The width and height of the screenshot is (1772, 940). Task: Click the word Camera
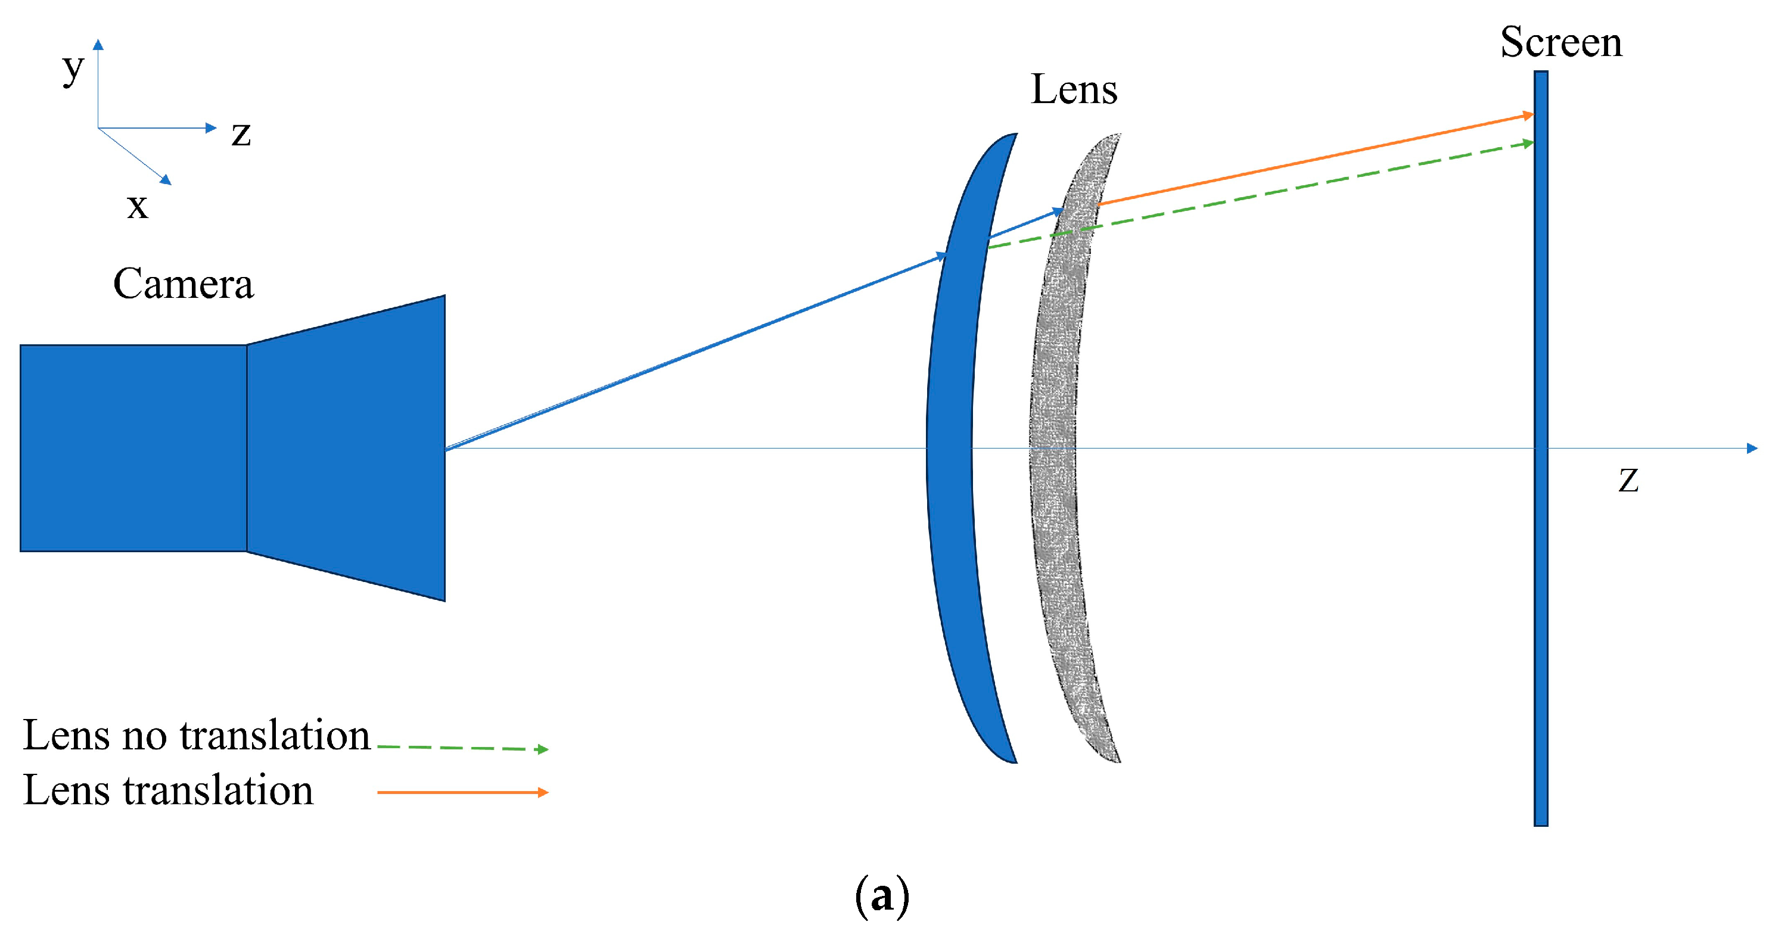click(x=183, y=284)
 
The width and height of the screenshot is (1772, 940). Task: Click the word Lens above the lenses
click(x=1074, y=89)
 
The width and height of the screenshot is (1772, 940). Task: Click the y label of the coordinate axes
click(x=73, y=68)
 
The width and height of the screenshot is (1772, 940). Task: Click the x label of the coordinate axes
click(x=138, y=206)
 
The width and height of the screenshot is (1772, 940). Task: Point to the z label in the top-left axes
click(x=241, y=133)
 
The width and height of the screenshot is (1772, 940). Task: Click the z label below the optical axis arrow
click(x=1628, y=480)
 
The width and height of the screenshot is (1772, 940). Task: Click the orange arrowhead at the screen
click(x=1528, y=115)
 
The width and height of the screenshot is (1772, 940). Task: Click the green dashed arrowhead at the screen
click(x=1528, y=143)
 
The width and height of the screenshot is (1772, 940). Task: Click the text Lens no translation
click(x=197, y=735)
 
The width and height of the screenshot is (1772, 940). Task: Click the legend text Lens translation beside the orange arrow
click(x=168, y=790)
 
